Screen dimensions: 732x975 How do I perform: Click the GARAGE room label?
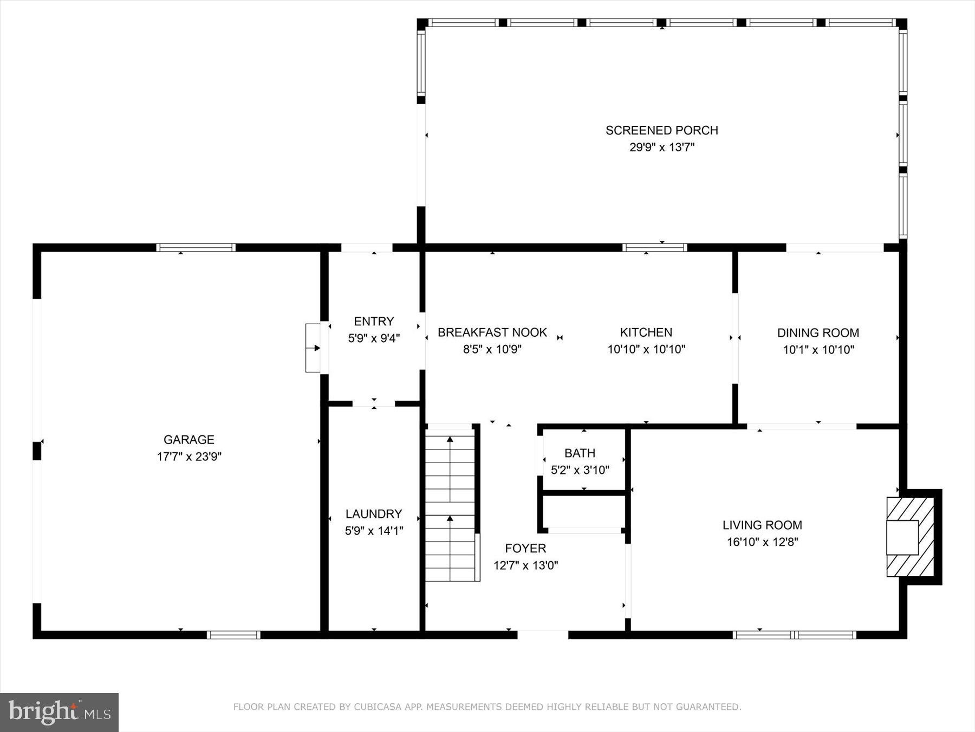(189, 440)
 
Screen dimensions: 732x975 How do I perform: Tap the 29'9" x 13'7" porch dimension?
(661, 147)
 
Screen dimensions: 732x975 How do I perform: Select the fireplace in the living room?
(910, 537)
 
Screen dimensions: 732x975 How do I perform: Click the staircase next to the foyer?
(450, 504)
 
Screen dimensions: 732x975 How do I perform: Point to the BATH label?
(580, 453)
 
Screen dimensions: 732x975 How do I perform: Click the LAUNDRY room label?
(374, 513)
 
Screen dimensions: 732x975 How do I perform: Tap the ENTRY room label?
(374, 321)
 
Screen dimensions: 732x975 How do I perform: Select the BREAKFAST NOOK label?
(492, 332)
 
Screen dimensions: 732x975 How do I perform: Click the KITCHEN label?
(646, 332)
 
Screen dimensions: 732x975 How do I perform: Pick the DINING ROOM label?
(818, 333)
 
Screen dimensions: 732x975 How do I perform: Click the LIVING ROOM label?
(762, 525)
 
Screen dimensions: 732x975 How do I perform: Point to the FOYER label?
(525, 548)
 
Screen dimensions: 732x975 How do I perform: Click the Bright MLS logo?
(59, 712)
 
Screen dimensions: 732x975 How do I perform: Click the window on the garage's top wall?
(196, 248)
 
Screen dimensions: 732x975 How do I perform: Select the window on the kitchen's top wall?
(654, 248)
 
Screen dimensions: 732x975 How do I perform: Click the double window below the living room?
(794, 634)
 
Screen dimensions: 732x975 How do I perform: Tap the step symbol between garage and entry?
(313, 348)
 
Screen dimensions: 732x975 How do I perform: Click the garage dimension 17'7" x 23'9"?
(189, 457)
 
